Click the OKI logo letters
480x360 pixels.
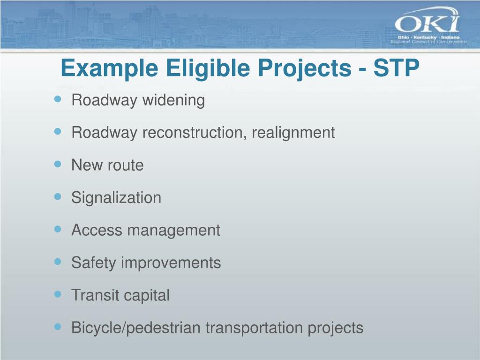click(427, 23)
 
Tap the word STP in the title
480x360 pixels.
click(396, 69)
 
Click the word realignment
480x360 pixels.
click(293, 133)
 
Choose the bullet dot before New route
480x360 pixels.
click(58, 164)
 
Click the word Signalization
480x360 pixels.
click(116, 198)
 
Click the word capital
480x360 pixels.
click(147, 295)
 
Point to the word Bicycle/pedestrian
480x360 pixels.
click(136, 328)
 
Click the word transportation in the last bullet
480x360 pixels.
click(255, 328)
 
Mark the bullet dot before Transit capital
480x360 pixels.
click(58, 294)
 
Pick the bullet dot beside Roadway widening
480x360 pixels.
click(58, 99)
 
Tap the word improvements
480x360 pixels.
click(171, 262)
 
